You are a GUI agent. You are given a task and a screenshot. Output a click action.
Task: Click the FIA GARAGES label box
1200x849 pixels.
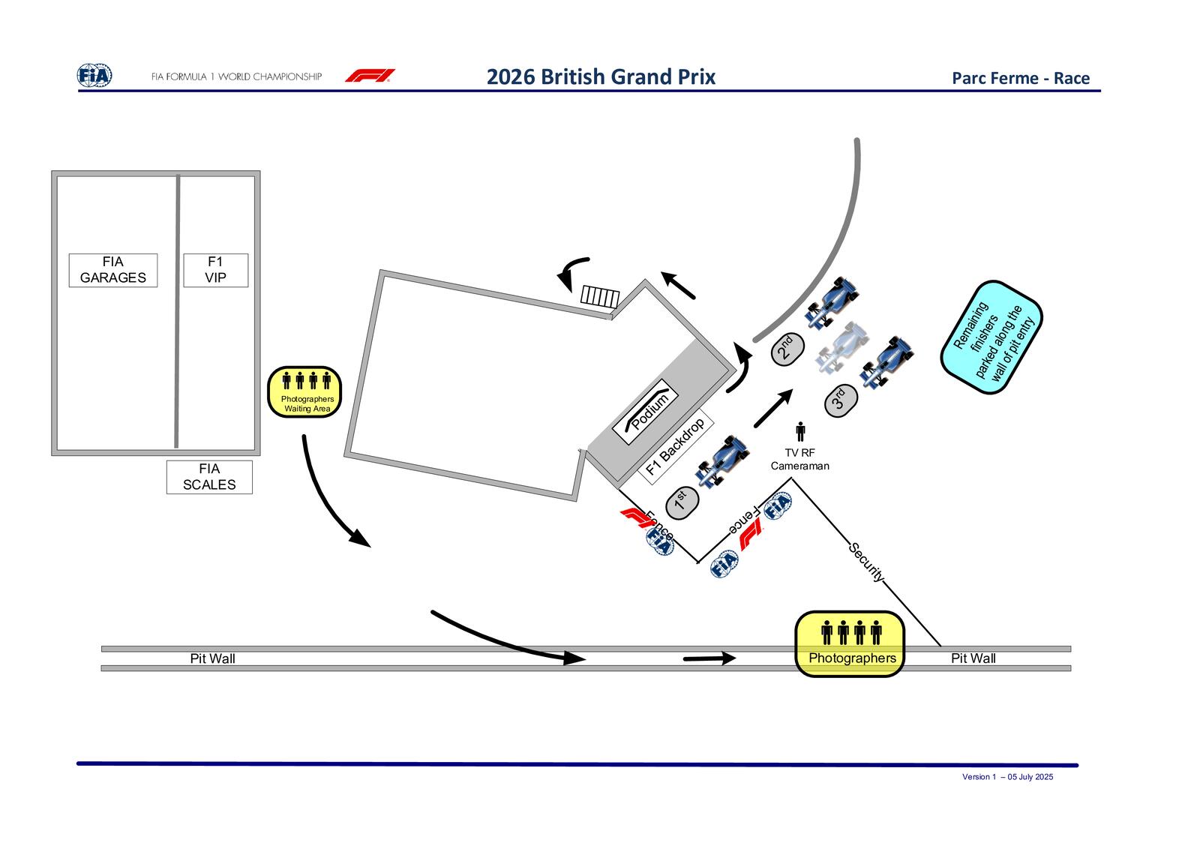pyautogui.click(x=113, y=271)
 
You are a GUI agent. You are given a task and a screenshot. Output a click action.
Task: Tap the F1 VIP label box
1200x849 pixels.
pyautogui.click(x=216, y=271)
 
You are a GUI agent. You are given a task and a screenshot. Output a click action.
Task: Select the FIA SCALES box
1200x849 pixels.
pyautogui.click(x=209, y=477)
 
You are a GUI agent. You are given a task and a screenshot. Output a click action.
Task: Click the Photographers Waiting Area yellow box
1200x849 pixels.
pyautogui.click(x=304, y=392)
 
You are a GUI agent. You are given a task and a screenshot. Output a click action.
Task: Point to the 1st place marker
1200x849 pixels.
pyautogui.click(x=682, y=502)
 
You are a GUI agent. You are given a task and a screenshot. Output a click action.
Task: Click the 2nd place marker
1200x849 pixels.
pyautogui.click(x=787, y=349)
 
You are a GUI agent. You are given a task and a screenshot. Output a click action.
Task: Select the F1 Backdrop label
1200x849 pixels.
pyautogui.click(x=676, y=447)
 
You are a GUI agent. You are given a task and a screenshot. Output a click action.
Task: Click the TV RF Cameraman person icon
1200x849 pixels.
pyautogui.click(x=800, y=431)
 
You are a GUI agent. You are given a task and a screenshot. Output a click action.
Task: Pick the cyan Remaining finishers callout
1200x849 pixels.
pyautogui.click(x=991, y=337)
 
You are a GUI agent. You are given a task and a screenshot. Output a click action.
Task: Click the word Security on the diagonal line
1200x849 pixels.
pyautogui.click(x=867, y=562)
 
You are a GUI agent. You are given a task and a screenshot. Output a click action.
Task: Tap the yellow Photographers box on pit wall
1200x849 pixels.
pyautogui.click(x=850, y=643)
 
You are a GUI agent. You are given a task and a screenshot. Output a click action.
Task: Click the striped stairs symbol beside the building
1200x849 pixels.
pyautogui.click(x=600, y=297)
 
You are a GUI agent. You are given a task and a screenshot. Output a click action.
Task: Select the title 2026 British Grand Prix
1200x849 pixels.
pyautogui.click(x=601, y=76)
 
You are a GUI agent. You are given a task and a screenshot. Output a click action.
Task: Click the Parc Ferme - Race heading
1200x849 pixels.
pyautogui.click(x=1021, y=78)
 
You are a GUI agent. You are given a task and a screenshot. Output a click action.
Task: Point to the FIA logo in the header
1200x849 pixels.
pyautogui.click(x=94, y=75)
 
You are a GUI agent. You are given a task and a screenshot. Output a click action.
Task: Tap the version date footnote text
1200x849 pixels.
pyautogui.click(x=1007, y=777)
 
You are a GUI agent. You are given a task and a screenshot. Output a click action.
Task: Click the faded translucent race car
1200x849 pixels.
pyautogui.click(x=842, y=348)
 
